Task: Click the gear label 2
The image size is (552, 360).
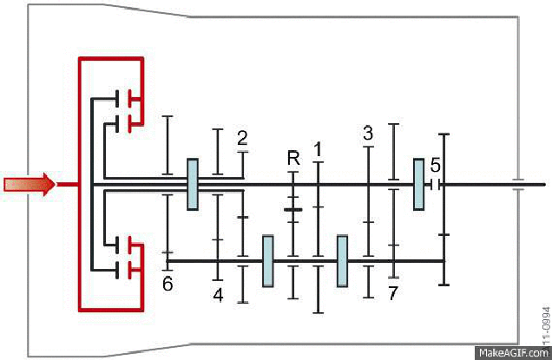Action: click(x=242, y=137)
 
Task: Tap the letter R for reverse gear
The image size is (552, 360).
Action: click(x=293, y=158)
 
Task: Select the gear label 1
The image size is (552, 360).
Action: click(x=318, y=149)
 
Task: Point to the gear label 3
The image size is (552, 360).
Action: click(x=368, y=133)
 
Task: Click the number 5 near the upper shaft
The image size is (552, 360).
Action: click(x=436, y=165)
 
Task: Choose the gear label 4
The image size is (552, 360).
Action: click(x=218, y=295)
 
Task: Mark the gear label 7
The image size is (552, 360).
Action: click(x=392, y=293)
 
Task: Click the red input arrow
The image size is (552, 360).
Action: click(x=30, y=184)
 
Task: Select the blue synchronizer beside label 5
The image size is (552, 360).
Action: click(x=418, y=184)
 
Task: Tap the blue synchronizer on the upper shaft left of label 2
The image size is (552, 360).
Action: click(x=193, y=184)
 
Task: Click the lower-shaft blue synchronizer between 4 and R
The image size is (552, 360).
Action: click(x=268, y=260)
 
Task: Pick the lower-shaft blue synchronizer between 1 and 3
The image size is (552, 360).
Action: click(x=342, y=260)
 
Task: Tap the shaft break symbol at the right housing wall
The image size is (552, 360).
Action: click(x=517, y=184)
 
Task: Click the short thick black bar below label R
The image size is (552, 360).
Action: click(x=293, y=209)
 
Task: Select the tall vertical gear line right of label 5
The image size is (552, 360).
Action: click(x=444, y=208)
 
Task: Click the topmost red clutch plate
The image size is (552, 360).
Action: click(x=133, y=98)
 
